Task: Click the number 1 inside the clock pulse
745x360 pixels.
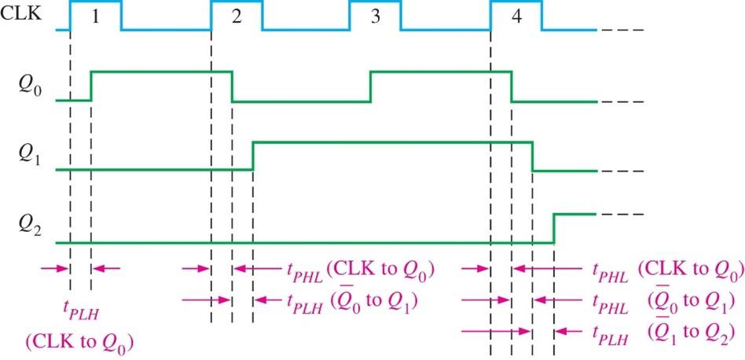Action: click(94, 17)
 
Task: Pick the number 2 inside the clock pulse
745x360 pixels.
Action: click(237, 17)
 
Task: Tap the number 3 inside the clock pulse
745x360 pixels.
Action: click(375, 17)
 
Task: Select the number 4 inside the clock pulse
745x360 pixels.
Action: click(516, 17)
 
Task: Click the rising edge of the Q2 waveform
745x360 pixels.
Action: click(554, 228)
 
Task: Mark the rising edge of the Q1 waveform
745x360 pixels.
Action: click(253, 156)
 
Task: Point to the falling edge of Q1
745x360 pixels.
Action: click(533, 156)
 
